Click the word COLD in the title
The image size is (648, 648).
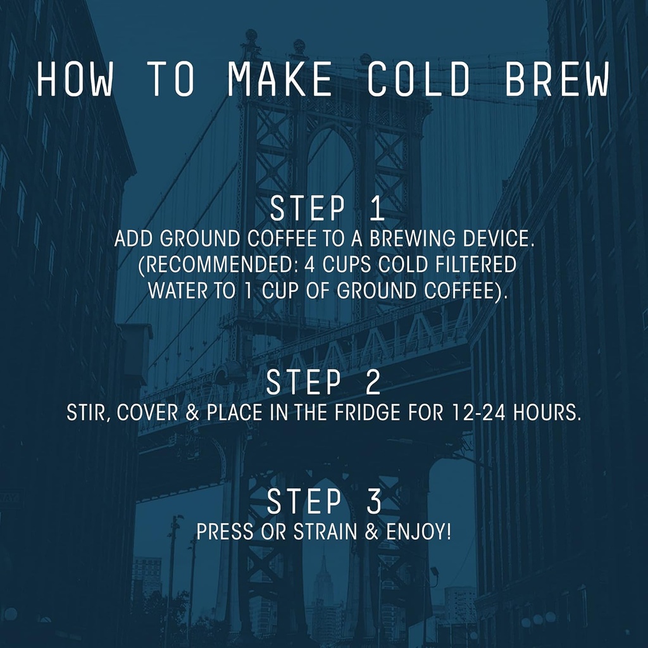click(419, 80)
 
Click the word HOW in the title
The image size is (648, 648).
click(74, 80)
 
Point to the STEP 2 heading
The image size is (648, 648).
click(323, 383)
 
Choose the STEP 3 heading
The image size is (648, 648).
click(323, 502)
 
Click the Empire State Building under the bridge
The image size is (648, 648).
click(323, 585)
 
